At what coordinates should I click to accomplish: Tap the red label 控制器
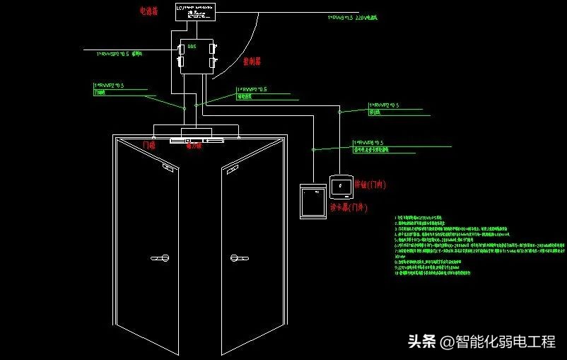click(x=252, y=62)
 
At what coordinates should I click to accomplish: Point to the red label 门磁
click(x=149, y=145)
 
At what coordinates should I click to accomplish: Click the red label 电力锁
click(x=194, y=146)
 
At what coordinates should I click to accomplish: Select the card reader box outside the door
click(x=312, y=202)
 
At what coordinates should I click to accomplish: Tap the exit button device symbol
click(x=341, y=186)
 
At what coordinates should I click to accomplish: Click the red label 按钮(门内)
click(x=369, y=184)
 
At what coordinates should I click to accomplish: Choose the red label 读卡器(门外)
click(x=349, y=208)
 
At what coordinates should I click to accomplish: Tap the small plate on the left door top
click(x=168, y=168)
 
